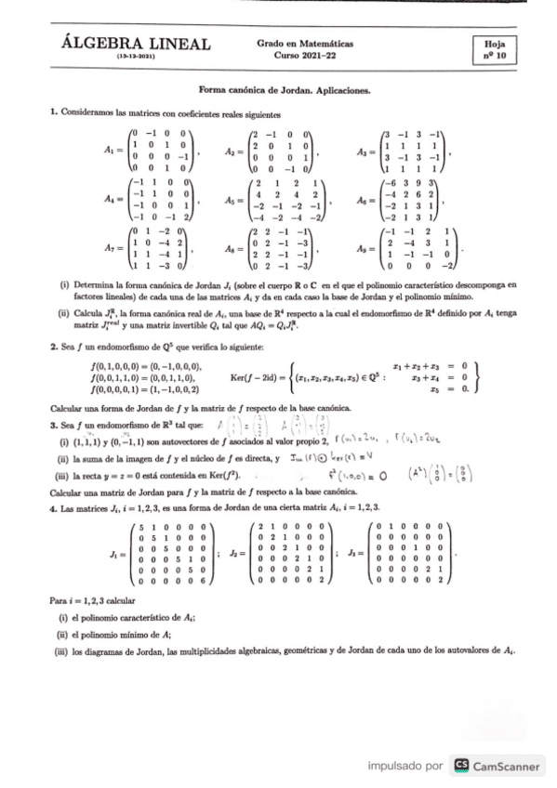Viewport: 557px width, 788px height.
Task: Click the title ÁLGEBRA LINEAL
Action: tap(135, 44)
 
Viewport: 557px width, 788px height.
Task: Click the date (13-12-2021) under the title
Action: tap(135, 57)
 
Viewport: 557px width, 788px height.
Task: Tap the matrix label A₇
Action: tap(112, 249)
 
